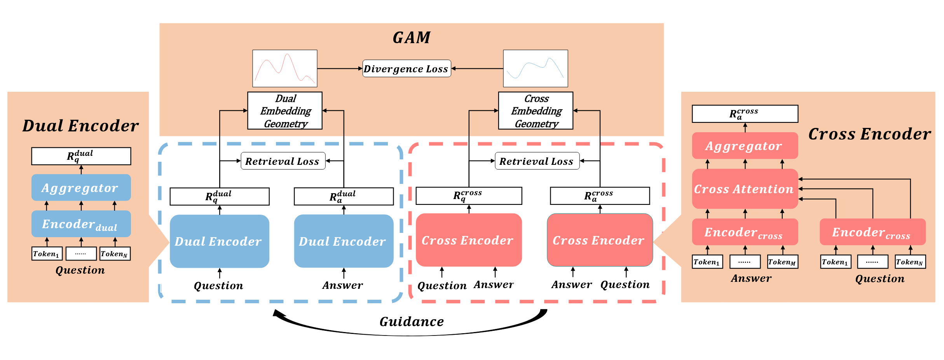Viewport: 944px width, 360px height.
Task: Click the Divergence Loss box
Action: coord(407,68)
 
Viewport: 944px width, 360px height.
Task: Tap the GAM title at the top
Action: coord(412,37)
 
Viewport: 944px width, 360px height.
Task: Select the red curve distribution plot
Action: coord(285,68)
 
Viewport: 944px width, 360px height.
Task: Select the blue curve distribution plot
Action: coord(535,68)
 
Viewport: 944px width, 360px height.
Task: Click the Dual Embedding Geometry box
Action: coord(285,111)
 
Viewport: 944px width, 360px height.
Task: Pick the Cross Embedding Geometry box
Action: coord(536,111)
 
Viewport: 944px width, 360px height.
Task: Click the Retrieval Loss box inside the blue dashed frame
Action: coord(283,161)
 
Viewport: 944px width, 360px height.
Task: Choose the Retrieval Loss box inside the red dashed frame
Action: coord(537,161)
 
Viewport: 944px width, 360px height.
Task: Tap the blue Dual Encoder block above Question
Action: coord(220,241)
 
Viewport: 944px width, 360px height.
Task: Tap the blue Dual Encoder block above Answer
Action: coord(344,241)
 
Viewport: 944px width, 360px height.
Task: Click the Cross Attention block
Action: coord(745,189)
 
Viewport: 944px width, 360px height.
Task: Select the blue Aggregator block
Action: coord(81,188)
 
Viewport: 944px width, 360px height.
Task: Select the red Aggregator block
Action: coord(745,146)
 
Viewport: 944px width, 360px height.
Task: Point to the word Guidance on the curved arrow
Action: coord(412,322)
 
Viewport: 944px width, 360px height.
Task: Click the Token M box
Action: coord(782,262)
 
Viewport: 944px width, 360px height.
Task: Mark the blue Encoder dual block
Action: coord(81,224)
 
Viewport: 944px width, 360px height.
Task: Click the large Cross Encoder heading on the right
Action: coord(869,134)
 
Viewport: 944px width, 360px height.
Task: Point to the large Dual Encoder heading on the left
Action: coord(80,126)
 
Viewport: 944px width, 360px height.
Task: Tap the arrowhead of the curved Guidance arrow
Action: coord(277,313)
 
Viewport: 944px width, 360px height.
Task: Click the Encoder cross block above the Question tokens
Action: coord(872,232)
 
